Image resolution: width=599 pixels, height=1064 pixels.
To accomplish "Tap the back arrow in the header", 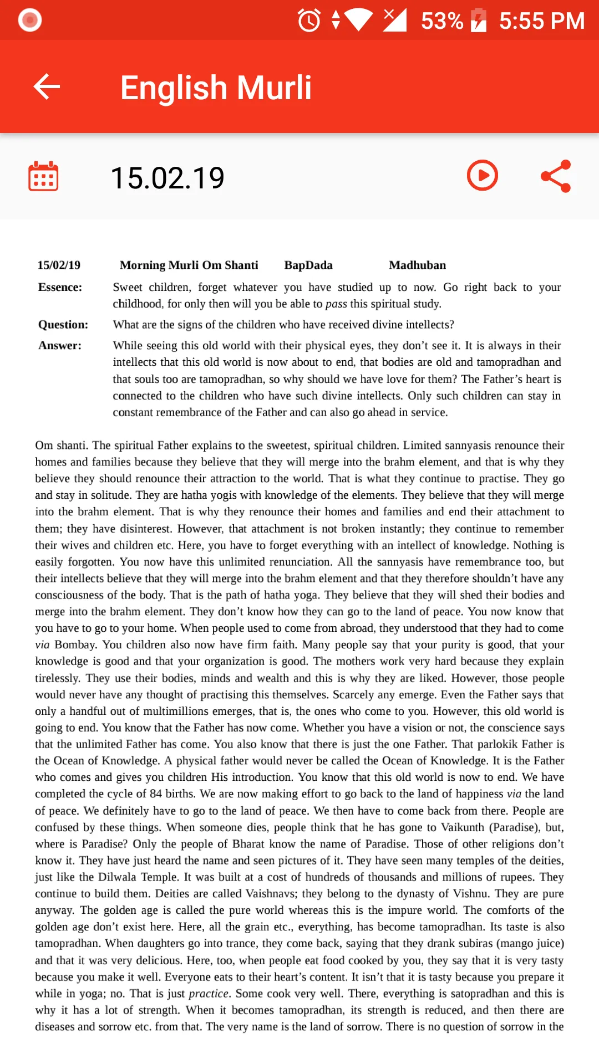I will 47,87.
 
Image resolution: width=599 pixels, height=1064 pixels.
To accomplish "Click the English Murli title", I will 216,88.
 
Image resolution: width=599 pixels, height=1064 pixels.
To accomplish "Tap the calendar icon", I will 43,177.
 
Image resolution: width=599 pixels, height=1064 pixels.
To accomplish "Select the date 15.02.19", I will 167,178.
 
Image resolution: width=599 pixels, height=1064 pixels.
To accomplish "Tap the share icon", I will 556,176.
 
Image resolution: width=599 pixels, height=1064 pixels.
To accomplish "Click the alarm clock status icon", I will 309,21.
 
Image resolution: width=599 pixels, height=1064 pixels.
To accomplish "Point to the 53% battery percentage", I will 441,21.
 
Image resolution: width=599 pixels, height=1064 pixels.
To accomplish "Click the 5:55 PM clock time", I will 541,21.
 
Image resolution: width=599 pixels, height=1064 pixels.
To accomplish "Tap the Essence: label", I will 60,287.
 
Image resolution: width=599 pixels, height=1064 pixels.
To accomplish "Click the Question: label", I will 63,325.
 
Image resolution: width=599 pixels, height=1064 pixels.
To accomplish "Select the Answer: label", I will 60,346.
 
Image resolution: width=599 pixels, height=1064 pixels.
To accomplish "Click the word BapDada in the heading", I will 308,265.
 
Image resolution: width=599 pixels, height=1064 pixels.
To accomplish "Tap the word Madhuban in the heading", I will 417,265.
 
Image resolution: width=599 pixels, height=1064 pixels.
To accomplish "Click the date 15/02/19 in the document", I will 59,265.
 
